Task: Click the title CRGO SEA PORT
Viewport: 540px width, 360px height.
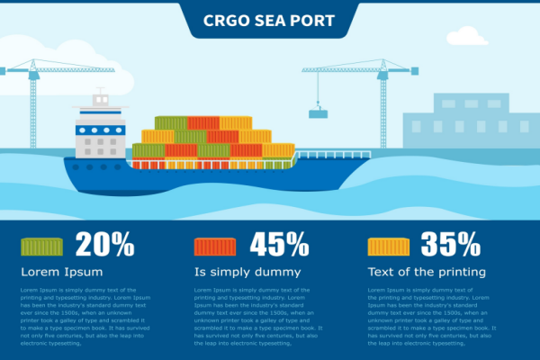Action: point(269,20)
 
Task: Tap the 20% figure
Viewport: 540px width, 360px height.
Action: point(105,245)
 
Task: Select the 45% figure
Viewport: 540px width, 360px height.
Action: point(279,245)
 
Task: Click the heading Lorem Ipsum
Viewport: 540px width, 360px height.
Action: point(61,272)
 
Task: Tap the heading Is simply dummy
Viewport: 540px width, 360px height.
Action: point(245,272)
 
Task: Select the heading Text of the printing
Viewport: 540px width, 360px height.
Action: point(427,272)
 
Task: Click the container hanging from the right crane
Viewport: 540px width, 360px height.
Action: point(318,113)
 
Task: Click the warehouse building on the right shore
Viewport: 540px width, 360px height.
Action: point(463,121)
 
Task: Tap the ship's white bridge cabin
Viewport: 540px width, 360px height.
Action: point(99,130)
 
